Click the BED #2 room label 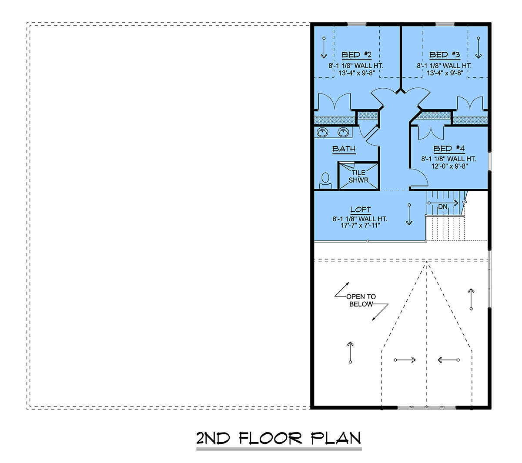[356, 55]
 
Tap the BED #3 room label [445, 55]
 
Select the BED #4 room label [449, 149]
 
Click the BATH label [344, 149]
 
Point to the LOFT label [361, 210]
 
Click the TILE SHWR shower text [358, 177]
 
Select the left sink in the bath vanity [322, 132]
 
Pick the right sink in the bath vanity [343, 132]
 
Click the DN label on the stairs [443, 207]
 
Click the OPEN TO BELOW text [361, 300]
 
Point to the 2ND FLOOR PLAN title [278, 438]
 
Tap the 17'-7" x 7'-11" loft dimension [360, 225]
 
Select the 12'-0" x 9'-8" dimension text [450, 166]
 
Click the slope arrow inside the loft [409, 214]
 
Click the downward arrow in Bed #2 [324, 48]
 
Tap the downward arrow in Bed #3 [478, 48]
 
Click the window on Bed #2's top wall [357, 24]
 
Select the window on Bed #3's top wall [445, 24]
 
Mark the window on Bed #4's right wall [489, 161]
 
